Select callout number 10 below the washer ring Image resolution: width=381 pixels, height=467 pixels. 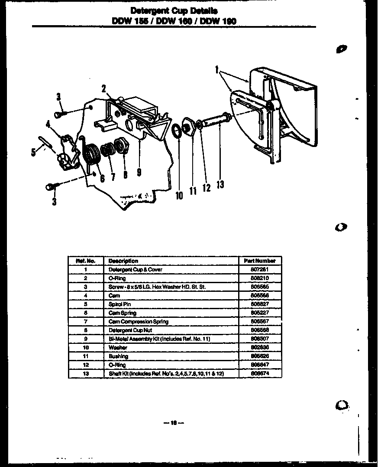pyautogui.click(x=179, y=196)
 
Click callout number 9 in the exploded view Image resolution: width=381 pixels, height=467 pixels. pyautogui.click(x=139, y=172)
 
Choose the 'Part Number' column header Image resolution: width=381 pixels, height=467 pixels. pyautogui.click(x=259, y=261)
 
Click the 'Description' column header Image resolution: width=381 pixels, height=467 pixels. pyautogui.click(x=123, y=261)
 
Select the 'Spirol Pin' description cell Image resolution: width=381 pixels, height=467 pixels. pyautogui.click(x=119, y=304)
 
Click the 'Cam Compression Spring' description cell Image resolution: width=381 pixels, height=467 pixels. pyautogui.click(x=138, y=322)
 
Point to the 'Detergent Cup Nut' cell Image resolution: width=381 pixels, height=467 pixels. pyautogui.click(x=129, y=330)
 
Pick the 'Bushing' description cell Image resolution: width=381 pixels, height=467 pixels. pyautogui.click(x=118, y=356)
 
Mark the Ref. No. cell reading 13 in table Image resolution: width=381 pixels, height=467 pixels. pyautogui.click(x=86, y=373)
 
